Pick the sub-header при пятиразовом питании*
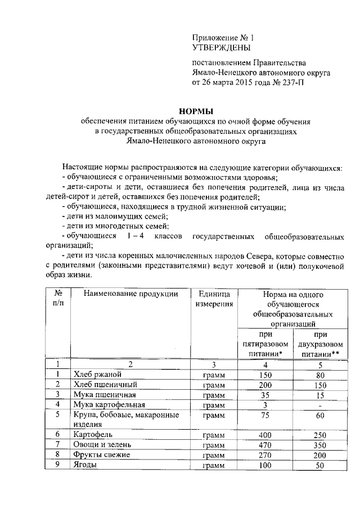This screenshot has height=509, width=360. click(x=265, y=344)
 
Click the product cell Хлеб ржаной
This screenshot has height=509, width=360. click(x=94, y=375)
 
